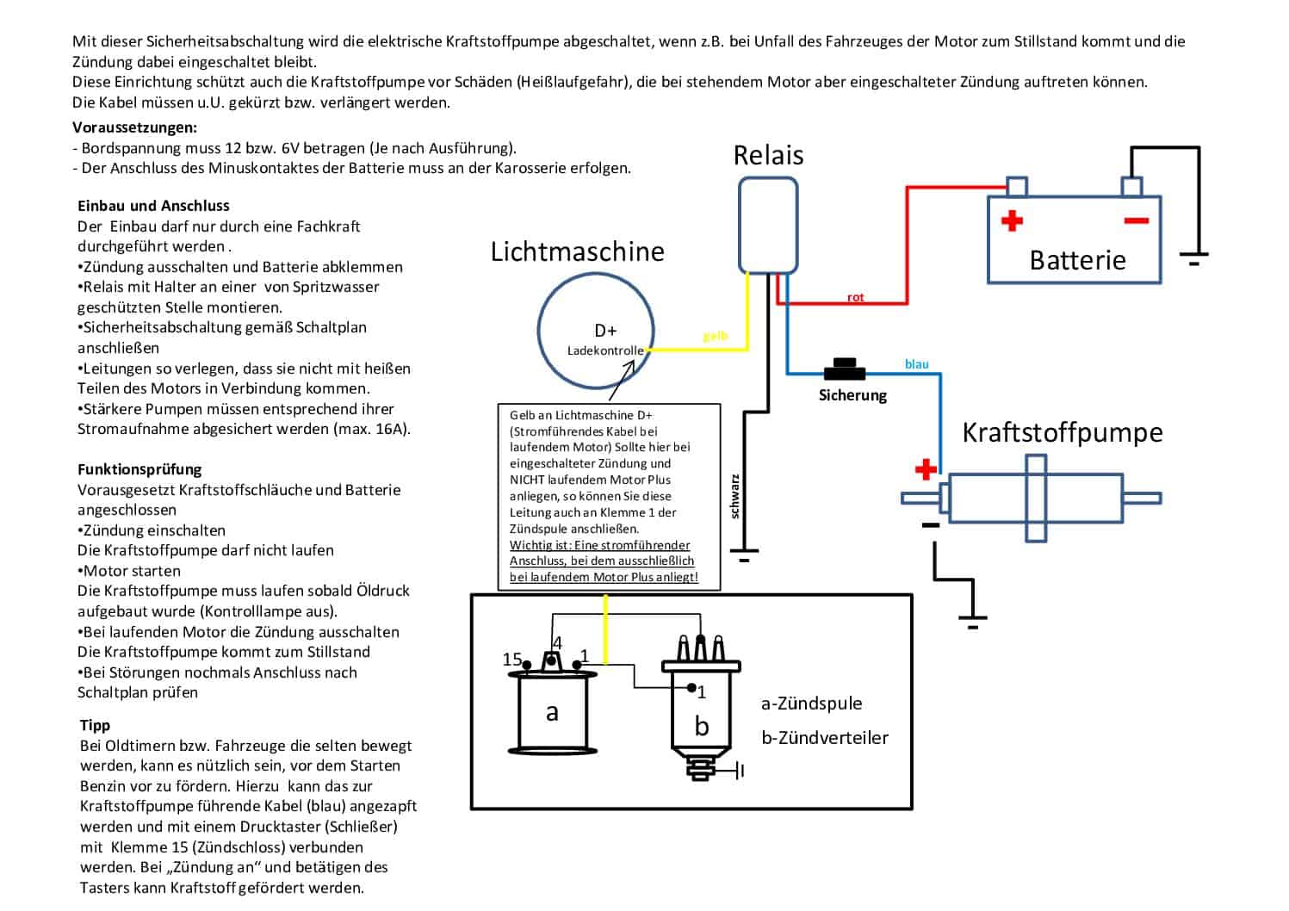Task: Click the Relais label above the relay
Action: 768,155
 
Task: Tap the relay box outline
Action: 740,225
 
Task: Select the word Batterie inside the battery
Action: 1077,260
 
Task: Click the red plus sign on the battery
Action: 1013,220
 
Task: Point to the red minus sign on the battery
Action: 1137,220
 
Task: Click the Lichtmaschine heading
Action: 577,252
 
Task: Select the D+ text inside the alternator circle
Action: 605,331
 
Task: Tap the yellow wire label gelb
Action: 716,336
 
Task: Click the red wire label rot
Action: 855,297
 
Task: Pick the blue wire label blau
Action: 917,363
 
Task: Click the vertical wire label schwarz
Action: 734,496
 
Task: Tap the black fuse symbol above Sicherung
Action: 844,369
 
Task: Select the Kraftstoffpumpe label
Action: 1063,433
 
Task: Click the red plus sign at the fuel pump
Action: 926,469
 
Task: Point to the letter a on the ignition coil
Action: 552,713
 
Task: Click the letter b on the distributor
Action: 702,726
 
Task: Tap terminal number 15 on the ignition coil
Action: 511,659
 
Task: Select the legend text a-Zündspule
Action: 811,703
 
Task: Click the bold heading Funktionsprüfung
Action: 139,469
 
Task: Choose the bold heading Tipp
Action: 95,726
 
